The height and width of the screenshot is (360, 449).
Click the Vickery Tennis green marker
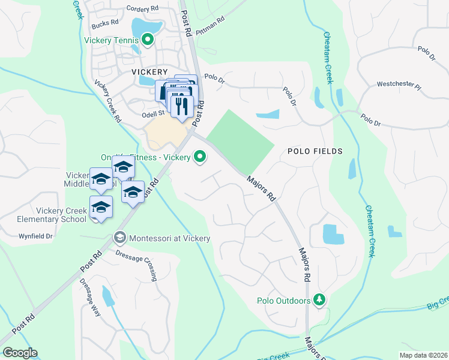148,41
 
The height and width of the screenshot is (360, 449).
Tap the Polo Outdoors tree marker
319,300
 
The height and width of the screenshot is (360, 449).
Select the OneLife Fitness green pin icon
200,158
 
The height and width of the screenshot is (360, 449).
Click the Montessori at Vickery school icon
119,238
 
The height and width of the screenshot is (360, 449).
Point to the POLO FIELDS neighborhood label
315,151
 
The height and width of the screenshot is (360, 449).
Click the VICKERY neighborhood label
149,71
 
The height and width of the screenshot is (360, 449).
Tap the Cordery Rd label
142,8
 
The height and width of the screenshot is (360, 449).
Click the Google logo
20,353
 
